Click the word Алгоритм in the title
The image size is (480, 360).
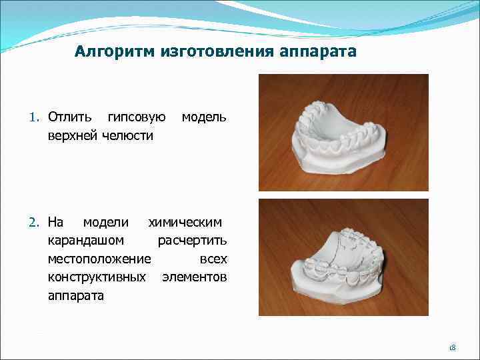point(114,51)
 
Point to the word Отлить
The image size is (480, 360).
point(70,118)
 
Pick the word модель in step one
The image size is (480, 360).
point(204,118)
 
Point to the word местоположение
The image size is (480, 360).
point(99,258)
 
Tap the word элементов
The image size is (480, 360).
point(195,277)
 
